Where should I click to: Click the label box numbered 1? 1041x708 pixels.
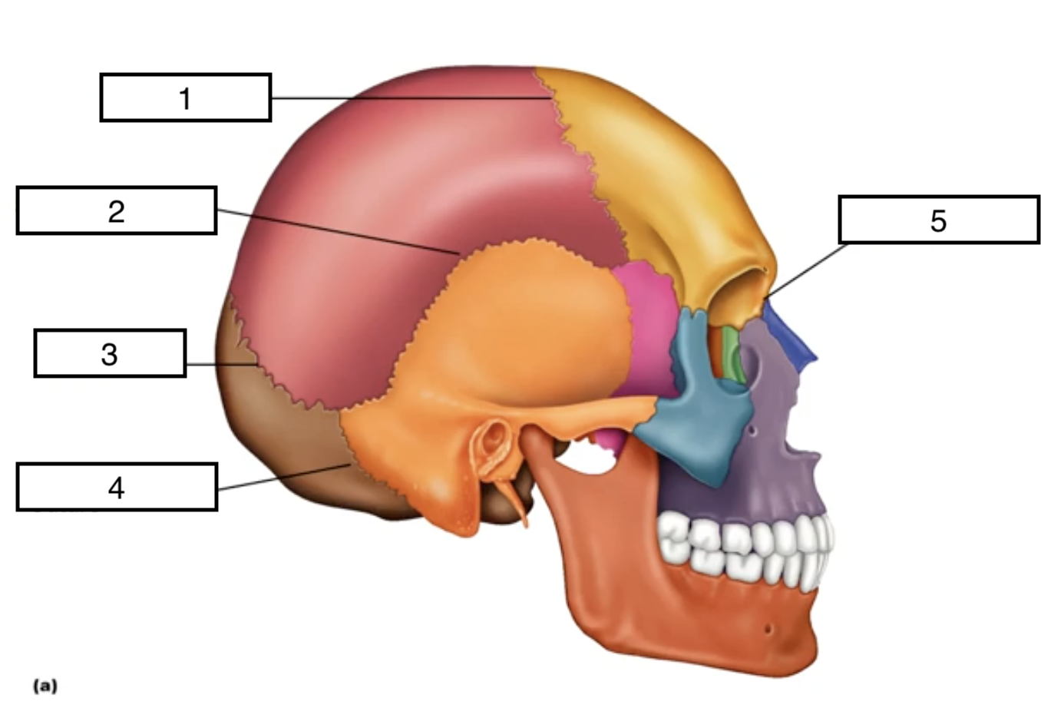(x=185, y=98)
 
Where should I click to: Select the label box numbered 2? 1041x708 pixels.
(x=116, y=210)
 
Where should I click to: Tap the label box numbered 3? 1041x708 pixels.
(x=110, y=353)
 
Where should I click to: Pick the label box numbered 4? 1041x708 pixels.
(x=116, y=487)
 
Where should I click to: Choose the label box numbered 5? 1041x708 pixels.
(x=938, y=220)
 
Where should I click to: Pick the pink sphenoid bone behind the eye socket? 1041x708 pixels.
(x=649, y=323)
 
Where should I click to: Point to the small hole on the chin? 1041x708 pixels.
(x=767, y=630)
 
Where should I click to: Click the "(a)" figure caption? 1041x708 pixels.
(x=45, y=685)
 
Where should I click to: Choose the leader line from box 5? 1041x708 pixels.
(x=806, y=270)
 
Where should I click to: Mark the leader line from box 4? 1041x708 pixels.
(x=284, y=477)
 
